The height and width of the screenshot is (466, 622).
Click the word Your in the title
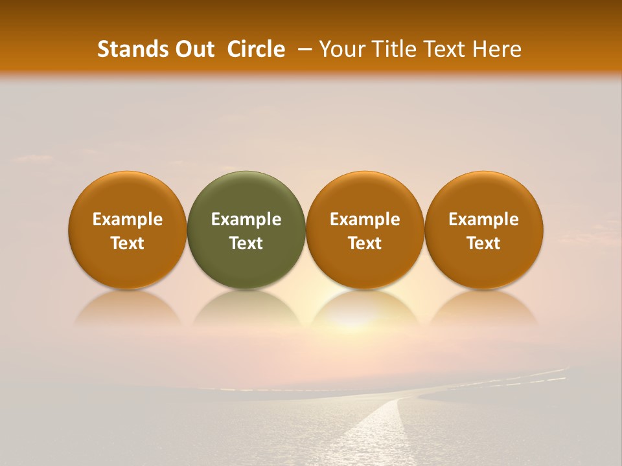tap(341, 49)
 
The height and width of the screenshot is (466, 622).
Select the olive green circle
tap(246, 230)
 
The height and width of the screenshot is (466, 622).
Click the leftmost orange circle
tap(128, 230)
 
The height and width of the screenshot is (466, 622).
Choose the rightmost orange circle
tap(483, 230)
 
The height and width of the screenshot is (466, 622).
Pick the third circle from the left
tap(365, 230)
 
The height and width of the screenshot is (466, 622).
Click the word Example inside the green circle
tap(246, 219)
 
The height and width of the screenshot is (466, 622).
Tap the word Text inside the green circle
tap(246, 243)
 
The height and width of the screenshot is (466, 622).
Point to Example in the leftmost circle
tap(128, 219)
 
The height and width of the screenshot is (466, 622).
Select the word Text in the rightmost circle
tap(483, 243)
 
